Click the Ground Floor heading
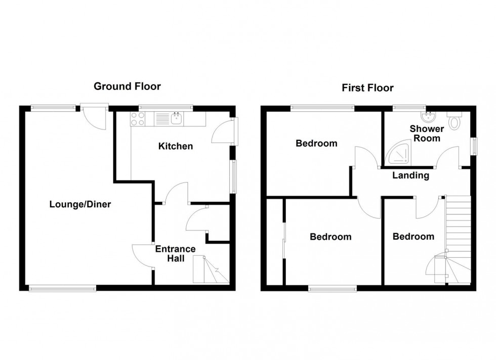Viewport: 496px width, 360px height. (127, 86)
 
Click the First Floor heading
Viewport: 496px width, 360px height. (367, 88)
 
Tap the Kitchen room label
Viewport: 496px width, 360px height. (176, 147)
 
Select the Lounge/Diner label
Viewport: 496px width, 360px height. (80, 204)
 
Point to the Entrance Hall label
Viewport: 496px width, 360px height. (175, 253)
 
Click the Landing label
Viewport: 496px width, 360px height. (411, 176)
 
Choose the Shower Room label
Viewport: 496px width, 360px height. (427, 133)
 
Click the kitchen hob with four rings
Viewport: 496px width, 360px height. (138, 119)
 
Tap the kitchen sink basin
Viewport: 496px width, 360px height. (177, 119)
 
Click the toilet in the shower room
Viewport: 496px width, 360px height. (454, 120)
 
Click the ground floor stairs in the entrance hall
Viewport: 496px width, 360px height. (211, 270)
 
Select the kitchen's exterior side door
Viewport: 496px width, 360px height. (223, 132)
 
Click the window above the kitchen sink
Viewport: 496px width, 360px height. (166, 107)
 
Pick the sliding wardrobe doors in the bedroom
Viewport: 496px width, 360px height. (284, 242)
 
